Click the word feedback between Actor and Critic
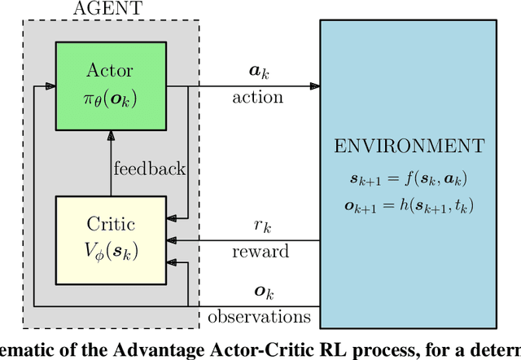click(149, 169)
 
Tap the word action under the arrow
click(257, 97)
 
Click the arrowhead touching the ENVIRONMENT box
click(314, 85)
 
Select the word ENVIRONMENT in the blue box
click(408, 148)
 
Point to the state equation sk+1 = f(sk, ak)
click(408, 177)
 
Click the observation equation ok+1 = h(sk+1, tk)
click(408, 204)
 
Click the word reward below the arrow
click(260, 252)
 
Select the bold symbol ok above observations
click(260, 292)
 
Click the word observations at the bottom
click(260, 316)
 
